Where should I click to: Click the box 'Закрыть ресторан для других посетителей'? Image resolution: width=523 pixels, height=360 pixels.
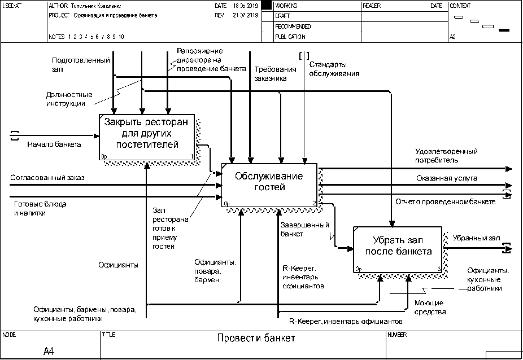pyautogui.click(x=147, y=136)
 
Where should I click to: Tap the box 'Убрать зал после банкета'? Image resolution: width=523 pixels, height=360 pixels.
pyautogui.click(x=398, y=247)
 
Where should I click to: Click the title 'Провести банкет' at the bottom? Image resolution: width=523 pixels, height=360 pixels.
pyautogui.click(x=256, y=339)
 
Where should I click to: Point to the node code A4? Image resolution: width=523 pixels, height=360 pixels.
pyautogui.click(x=49, y=351)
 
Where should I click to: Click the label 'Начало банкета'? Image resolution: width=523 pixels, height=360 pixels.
pyautogui.click(x=54, y=144)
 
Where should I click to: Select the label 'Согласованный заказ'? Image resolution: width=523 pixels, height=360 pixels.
pyautogui.click(x=47, y=178)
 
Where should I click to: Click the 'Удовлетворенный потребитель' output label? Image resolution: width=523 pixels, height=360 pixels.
pyautogui.click(x=446, y=156)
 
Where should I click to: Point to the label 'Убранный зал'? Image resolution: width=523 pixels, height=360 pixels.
pyautogui.click(x=472, y=238)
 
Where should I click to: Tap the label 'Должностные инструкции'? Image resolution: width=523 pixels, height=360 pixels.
pyautogui.click(x=69, y=99)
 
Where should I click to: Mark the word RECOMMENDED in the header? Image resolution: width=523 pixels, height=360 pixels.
pyautogui.click(x=293, y=27)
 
